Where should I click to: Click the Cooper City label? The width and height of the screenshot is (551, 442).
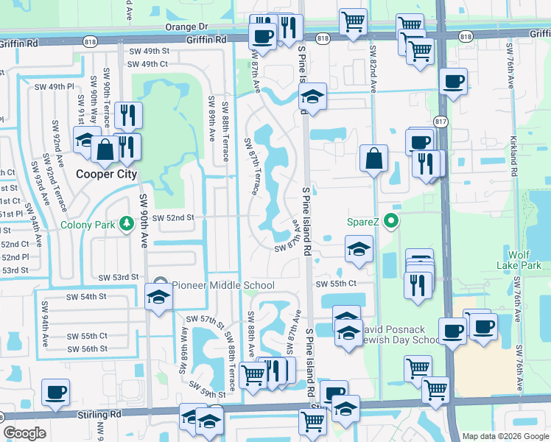(107, 175)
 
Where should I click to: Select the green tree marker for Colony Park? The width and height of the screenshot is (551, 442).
(126, 222)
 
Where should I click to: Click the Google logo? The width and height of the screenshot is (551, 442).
(24, 433)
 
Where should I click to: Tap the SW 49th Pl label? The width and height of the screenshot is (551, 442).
(55, 86)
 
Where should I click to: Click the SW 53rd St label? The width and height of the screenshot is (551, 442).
(119, 276)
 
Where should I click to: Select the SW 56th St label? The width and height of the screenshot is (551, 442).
(87, 348)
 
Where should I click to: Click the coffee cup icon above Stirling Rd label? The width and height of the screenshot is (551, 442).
(55, 392)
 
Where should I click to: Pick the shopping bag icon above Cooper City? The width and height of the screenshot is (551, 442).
(106, 148)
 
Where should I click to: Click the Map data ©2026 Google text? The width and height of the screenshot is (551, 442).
(505, 436)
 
